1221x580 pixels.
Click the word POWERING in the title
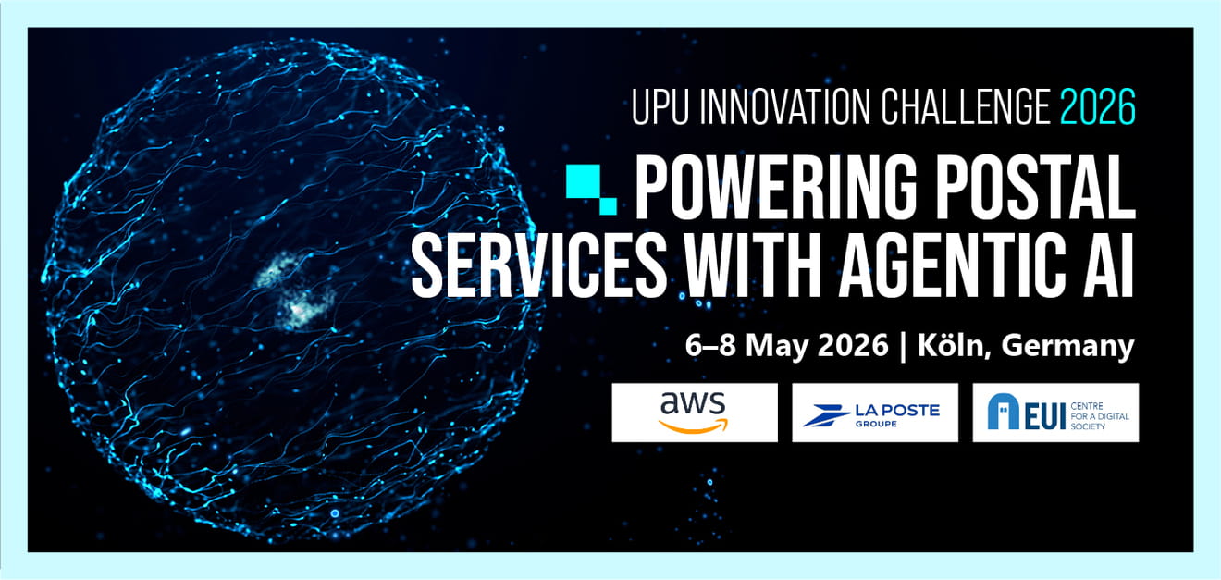coord(776,187)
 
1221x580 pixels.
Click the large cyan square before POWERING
coord(584,181)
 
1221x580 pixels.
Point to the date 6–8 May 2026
coord(786,346)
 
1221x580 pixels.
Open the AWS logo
coord(695,413)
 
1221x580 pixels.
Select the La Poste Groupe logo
coord(875,413)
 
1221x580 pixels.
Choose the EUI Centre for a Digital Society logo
coord(1055,413)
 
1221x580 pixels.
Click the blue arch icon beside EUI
coord(1003,413)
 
